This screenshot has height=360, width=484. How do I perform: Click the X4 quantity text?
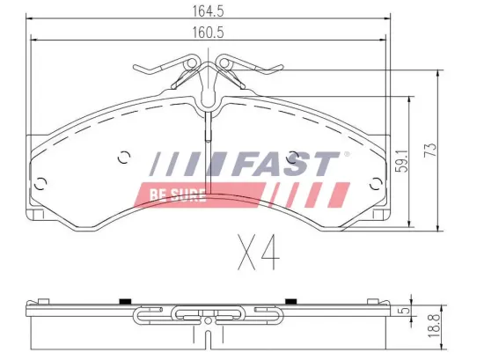[258, 253]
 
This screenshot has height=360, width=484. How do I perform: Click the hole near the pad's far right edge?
[377, 183]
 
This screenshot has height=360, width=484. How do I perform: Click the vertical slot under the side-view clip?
[208, 335]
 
